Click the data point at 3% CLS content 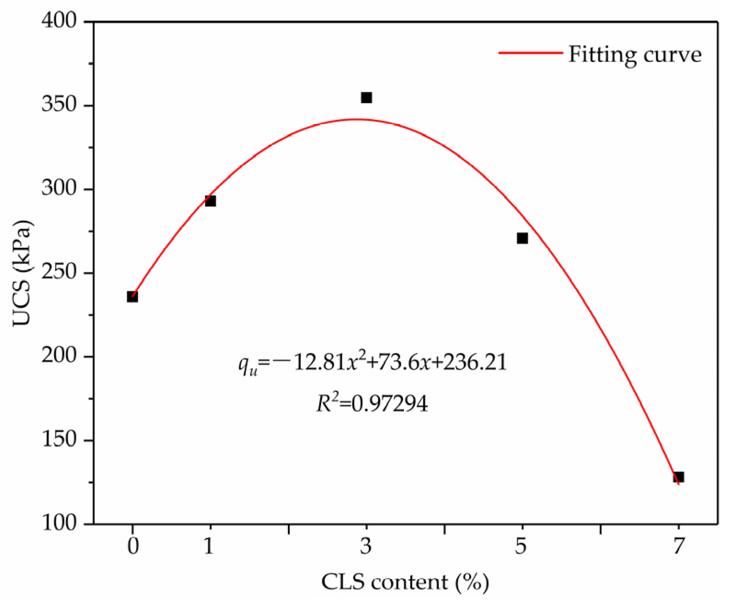coord(366,97)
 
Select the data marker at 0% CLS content coord(132,297)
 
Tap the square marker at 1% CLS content coord(210,201)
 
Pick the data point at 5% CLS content coord(522,238)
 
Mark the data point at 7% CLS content coord(678,477)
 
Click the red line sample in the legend coord(530,53)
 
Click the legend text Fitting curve coord(635,54)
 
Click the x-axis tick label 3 coord(366,547)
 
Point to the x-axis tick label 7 coord(678,547)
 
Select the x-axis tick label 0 coord(132,547)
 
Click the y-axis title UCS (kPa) coord(22,273)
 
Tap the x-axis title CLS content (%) coord(405,582)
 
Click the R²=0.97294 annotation coord(372,403)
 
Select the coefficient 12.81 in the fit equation coord(319,363)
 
